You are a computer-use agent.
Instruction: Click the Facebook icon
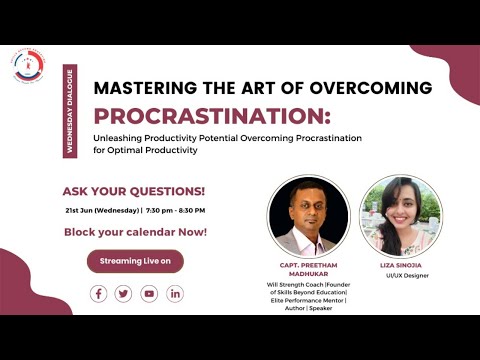tap(98, 293)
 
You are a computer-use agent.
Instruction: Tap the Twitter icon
tap(123, 293)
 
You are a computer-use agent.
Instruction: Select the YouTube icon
tap(149, 293)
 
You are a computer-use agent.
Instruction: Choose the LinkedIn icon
tap(175, 293)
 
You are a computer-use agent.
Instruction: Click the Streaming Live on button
tap(135, 261)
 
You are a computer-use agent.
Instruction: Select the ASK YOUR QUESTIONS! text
tap(134, 190)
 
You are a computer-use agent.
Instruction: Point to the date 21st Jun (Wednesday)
tap(102, 210)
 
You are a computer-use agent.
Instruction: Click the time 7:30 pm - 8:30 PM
tap(176, 210)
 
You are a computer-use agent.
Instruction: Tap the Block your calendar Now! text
tap(135, 231)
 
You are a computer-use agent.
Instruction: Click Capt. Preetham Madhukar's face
tap(306, 209)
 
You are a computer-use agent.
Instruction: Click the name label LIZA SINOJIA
tap(400, 265)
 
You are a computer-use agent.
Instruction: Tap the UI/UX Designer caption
tap(400, 275)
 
